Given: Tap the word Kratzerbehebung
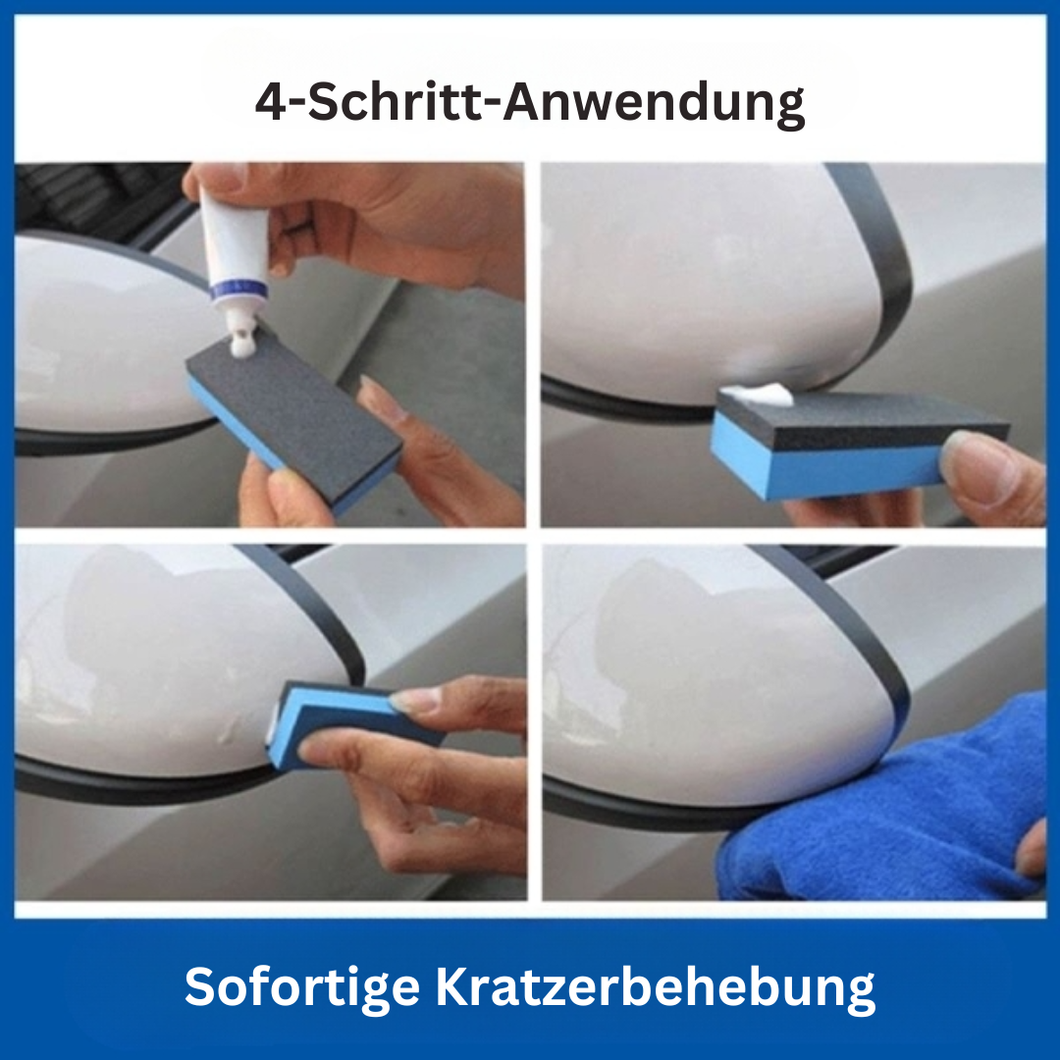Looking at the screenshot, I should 655,987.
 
